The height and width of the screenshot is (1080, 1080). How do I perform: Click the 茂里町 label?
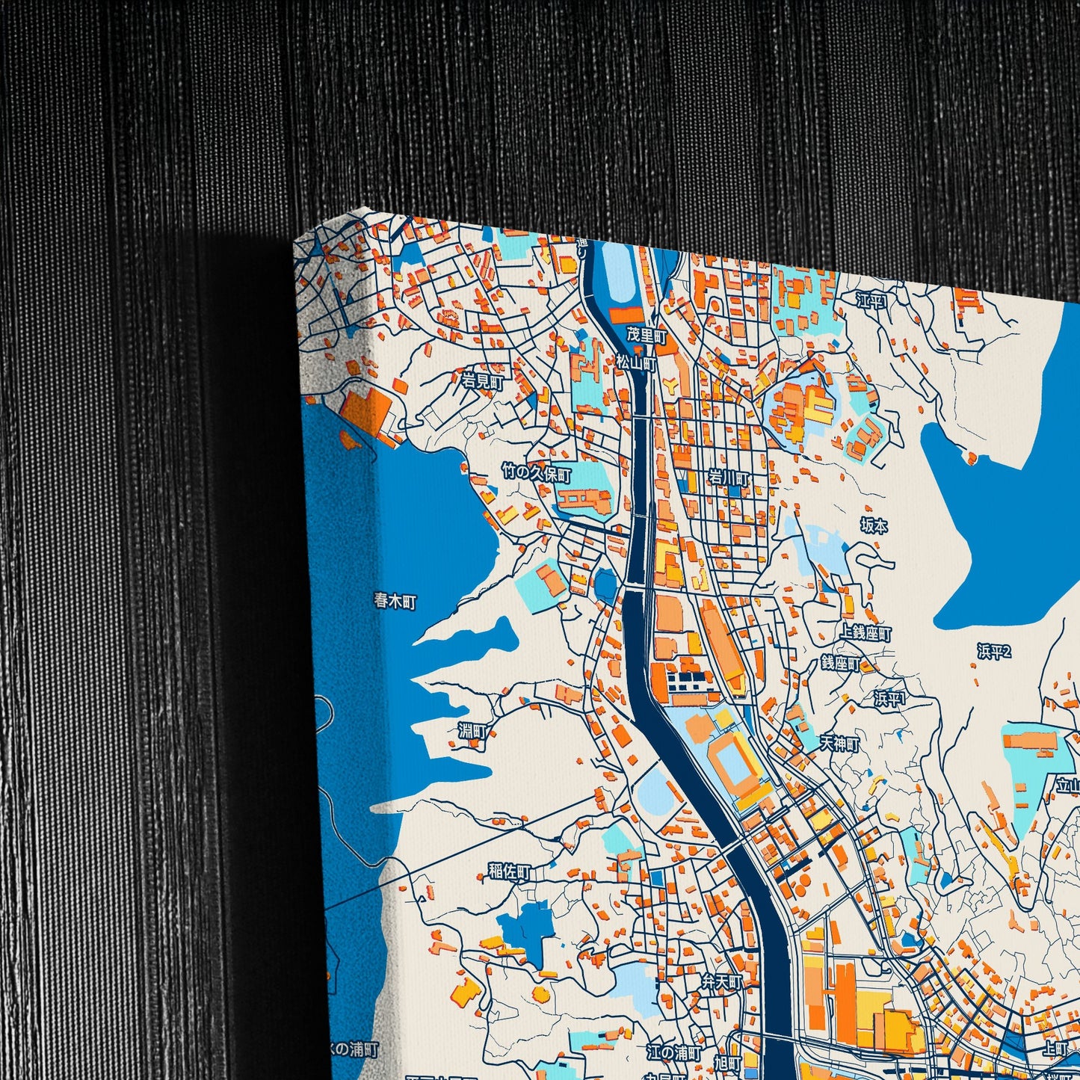646,336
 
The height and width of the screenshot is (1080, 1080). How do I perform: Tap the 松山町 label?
635,363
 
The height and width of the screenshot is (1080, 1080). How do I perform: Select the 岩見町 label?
482,381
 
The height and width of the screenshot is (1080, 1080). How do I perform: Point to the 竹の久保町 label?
536,474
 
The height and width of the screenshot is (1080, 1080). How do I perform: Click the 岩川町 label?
728,477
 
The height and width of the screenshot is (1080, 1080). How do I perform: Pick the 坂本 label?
874,526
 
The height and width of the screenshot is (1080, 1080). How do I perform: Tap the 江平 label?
871,301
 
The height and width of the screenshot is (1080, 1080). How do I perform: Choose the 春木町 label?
395,600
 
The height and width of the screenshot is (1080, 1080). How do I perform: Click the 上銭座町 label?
865,634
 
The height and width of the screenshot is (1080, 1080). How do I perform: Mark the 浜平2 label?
993,652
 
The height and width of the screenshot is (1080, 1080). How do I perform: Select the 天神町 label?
839,744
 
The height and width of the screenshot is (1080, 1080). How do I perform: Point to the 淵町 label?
472,731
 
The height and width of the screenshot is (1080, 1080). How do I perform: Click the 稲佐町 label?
509,871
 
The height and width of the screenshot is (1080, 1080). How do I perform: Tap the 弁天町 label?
721,981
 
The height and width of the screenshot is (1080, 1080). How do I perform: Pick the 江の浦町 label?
673,1052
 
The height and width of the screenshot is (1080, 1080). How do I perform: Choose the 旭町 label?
726,1063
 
